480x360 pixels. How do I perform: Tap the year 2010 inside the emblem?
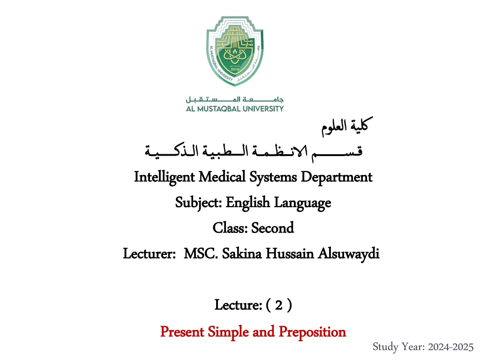tap(235, 69)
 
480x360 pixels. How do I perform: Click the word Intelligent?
tap(165, 177)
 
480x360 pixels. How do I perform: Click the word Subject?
tap(199, 202)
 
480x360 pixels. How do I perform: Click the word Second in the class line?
tap(272, 228)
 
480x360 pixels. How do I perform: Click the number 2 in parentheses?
tap(279, 306)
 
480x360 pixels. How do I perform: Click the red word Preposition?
tap(312, 332)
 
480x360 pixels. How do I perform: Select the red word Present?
tap(182, 332)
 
